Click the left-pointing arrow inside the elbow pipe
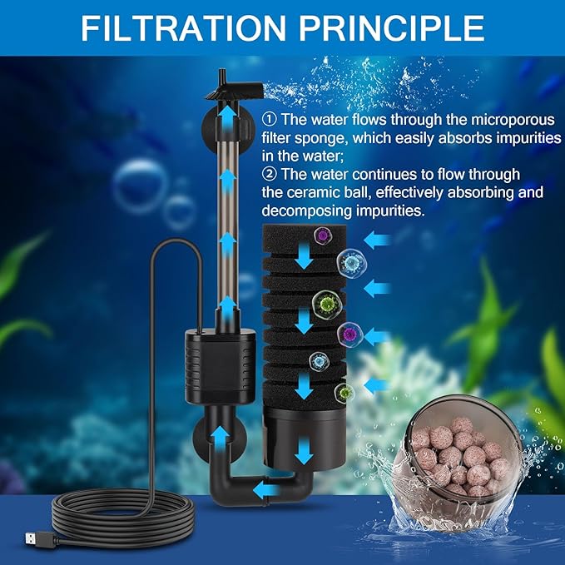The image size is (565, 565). pyautogui.click(x=267, y=488)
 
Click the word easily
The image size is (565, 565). pyautogui.click(x=417, y=137)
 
